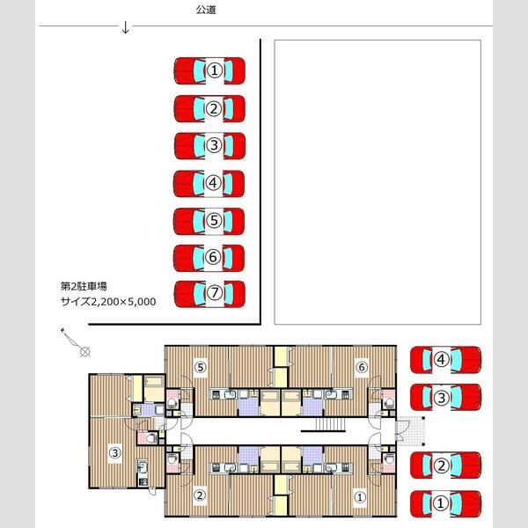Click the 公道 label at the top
(x=206, y=10)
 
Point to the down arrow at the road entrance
(x=126, y=27)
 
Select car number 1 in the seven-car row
(x=209, y=70)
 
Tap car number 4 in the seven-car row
(x=209, y=183)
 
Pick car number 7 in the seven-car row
(x=209, y=293)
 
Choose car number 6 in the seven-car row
(x=209, y=257)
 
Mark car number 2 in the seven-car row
(x=209, y=108)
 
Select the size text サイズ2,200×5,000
(x=107, y=301)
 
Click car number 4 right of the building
(x=446, y=359)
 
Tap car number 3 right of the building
(x=446, y=397)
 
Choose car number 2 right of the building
(x=446, y=466)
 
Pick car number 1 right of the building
(x=446, y=502)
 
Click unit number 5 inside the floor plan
(x=201, y=367)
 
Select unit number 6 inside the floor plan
(x=361, y=367)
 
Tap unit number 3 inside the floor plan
(x=115, y=453)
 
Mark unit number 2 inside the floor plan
(x=200, y=495)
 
